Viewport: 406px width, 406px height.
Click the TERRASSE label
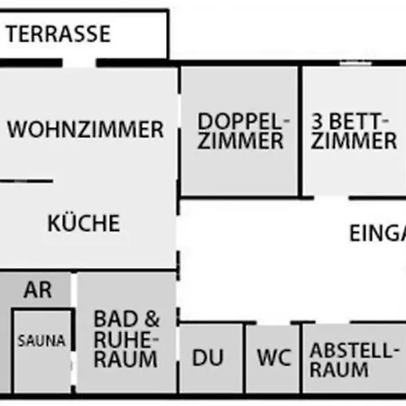(x=59, y=35)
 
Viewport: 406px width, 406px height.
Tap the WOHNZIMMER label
(x=86, y=129)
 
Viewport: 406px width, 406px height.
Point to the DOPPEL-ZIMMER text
(x=240, y=131)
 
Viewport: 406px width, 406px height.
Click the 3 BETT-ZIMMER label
(x=354, y=131)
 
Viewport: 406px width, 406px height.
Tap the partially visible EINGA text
(x=377, y=233)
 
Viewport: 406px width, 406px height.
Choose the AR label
(x=38, y=291)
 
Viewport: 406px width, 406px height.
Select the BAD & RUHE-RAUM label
(x=126, y=338)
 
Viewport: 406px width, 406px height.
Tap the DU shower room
(x=208, y=357)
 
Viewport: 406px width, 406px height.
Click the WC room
(x=274, y=357)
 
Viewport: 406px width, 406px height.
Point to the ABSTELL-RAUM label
(x=352, y=359)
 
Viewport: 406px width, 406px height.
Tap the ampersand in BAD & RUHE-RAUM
(x=151, y=318)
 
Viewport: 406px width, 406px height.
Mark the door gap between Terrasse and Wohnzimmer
(x=78, y=62)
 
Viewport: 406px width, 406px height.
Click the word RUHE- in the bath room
(x=126, y=338)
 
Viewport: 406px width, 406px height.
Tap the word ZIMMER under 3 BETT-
(x=354, y=142)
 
